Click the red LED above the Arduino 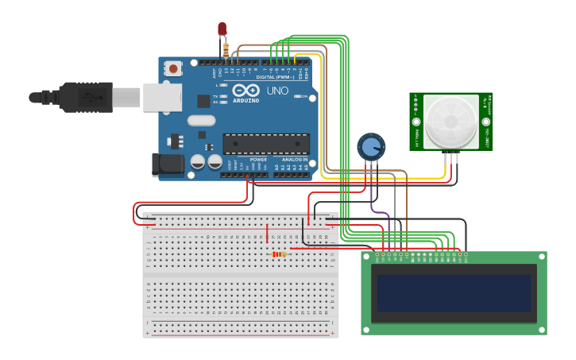(222, 29)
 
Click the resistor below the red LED (226, 50)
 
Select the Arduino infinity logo (245, 89)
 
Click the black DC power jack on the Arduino (165, 164)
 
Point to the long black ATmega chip (265, 144)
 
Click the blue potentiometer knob (370, 146)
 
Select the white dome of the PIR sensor (450, 120)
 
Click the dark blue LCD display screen (454, 293)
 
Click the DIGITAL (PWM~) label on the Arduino (275, 77)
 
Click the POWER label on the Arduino (258, 160)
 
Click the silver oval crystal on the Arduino (201, 121)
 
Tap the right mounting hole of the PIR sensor (485, 122)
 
